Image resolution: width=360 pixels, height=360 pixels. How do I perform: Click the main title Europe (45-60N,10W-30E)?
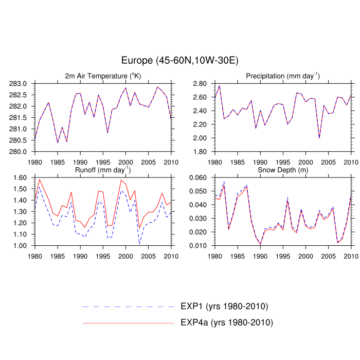point(179,61)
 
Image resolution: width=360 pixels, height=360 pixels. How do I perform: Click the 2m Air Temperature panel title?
point(103,76)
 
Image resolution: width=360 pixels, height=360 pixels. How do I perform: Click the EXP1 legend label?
point(224,307)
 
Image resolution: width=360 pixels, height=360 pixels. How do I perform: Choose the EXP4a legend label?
point(226,323)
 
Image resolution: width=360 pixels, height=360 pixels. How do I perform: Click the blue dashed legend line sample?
point(129,307)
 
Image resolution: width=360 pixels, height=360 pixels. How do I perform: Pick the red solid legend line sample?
point(129,323)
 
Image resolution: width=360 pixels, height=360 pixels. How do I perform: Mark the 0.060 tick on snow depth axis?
point(199,177)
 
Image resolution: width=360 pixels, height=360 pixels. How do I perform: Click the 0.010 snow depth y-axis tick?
point(199,246)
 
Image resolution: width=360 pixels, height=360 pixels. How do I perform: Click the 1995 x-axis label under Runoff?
point(103,256)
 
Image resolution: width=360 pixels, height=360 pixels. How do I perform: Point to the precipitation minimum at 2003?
point(319,138)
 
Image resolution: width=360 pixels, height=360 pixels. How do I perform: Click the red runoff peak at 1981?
point(40,179)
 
